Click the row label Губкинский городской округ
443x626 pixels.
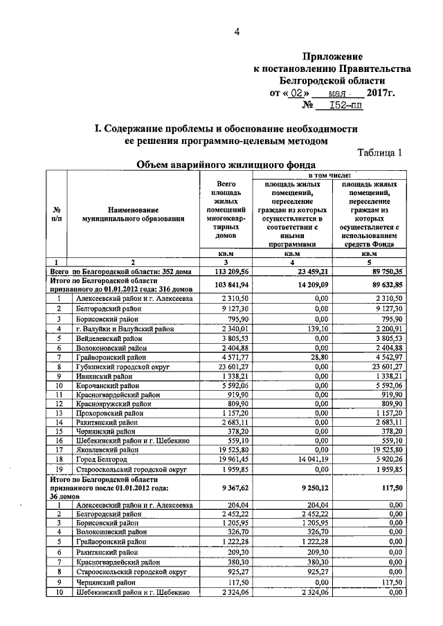(x=124, y=366)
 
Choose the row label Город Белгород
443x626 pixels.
(x=102, y=458)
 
